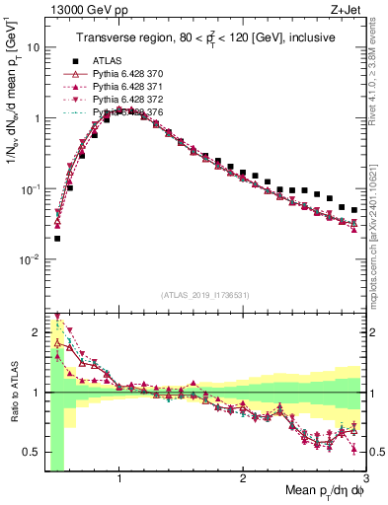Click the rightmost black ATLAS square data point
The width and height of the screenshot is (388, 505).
pyautogui.click(x=354, y=209)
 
